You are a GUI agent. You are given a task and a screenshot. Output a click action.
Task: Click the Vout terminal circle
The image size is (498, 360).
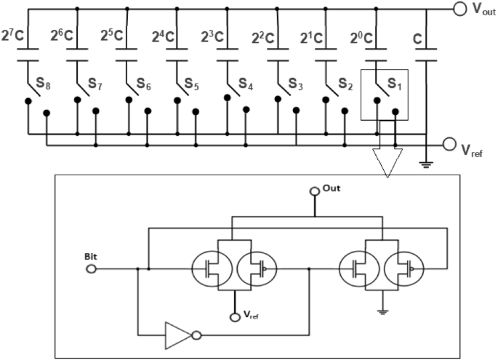(x=459, y=9)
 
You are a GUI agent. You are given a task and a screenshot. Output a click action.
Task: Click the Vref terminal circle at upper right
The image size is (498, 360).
(x=449, y=145)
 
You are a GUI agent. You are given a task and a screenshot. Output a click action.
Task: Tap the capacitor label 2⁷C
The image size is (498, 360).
(x=15, y=34)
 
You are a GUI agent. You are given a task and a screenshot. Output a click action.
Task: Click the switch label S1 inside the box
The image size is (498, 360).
(x=393, y=86)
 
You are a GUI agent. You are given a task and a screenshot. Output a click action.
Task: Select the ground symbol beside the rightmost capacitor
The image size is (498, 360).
(x=425, y=163)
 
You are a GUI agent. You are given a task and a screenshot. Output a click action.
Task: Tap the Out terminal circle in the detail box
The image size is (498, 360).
(x=314, y=191)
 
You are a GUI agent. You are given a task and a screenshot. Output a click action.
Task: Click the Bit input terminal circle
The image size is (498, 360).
(x=91, y=268)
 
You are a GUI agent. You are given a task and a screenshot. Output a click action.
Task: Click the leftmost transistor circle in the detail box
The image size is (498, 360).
(x=212, y=270)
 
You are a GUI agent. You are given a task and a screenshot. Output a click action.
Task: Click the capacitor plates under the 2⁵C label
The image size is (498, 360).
(x=127, y=55)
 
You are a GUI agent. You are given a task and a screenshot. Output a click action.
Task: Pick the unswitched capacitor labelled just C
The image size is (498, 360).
(x=425, y=55)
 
